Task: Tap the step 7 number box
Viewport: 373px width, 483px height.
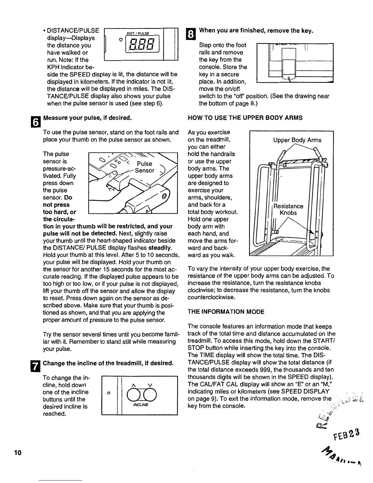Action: tap(36, 367)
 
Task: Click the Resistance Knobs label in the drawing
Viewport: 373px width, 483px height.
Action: tap(288, 209)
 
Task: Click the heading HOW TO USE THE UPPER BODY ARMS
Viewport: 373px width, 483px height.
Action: tap(245, 118)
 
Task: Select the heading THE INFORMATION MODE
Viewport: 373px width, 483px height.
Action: tap(226, 312)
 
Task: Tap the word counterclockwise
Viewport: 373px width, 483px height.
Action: tap(211, 297)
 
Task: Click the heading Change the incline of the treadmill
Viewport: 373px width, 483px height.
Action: tap(108, 363)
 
